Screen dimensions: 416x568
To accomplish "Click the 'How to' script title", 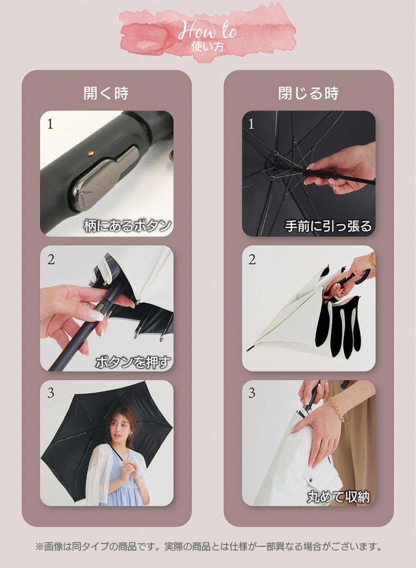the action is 207,31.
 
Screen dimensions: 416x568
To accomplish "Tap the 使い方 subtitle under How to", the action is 208,47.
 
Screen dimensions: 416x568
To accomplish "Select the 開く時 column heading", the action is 106,93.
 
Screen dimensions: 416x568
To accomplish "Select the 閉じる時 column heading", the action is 308,93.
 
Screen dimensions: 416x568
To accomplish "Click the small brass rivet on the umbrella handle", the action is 90,152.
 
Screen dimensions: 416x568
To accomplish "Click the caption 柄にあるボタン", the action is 127,225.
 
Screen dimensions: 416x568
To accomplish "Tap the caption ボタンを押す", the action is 133,362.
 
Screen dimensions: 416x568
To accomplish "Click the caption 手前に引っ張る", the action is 328,226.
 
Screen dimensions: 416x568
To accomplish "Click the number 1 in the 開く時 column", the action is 50,124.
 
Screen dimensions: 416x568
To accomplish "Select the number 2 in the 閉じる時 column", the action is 252,260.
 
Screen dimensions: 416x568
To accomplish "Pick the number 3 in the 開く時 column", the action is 51,393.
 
